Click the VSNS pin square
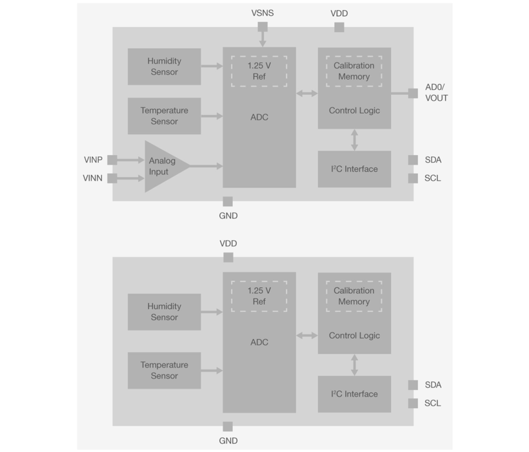263,27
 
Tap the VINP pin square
112,159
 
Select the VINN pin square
112,178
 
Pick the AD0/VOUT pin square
413,93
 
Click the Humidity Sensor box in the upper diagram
164,67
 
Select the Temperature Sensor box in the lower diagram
164,371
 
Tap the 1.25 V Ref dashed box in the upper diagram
259,71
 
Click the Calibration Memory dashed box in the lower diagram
354,296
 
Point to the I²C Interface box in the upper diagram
354,169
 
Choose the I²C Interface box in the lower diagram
354,394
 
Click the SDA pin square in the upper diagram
413,159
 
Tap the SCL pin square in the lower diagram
413,403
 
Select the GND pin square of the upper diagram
227,201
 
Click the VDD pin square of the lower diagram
228,258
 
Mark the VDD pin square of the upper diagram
339,27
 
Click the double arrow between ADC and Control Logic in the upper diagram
307,94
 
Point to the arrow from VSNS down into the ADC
263,39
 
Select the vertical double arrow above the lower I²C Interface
354,365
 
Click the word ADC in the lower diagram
259,342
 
